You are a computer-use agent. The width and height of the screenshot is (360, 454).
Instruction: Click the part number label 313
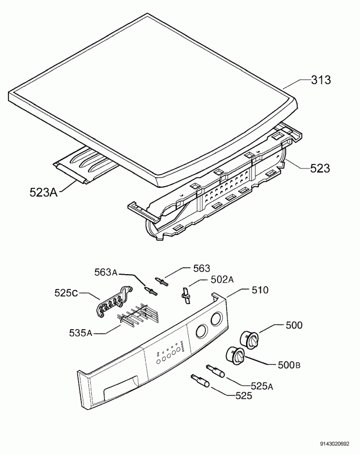(321, 80)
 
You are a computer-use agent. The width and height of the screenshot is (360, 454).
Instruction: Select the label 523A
(44, 192)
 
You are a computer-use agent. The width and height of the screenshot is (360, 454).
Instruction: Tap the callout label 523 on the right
(321, 168)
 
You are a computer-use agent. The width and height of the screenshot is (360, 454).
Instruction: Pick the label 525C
(67, 293)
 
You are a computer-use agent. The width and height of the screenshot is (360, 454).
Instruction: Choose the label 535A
(82, 333)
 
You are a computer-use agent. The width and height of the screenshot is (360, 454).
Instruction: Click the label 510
(259, 290)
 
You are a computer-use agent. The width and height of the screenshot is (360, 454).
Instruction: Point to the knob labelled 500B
(235, 356)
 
